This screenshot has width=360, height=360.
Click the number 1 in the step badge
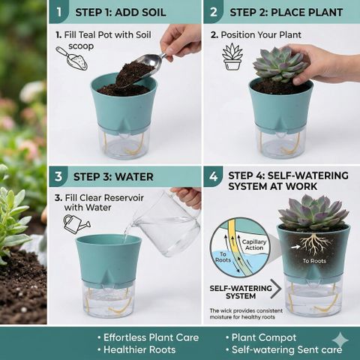click(x=59, y=12)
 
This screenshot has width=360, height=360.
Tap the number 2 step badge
click(x=213, y=12)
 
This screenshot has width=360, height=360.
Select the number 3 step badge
click(x=58, y=176)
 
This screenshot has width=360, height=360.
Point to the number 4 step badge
click(x=213, y=176)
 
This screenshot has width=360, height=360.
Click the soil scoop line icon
click(x=71, y=58)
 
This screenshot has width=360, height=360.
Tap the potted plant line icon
click(x=232, y=57)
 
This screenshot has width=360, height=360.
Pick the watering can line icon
click(x=76, y=224)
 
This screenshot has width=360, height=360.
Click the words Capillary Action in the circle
click(x=254, y=244)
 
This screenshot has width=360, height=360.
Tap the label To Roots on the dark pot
click(x=314, y=261)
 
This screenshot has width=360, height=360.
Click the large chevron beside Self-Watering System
click(x=276, y=289)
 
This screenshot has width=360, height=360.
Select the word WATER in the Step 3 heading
click(x=134, y=177)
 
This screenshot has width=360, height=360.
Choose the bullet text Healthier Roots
click(x=139, y=349)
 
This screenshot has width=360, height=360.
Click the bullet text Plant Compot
click(x=264, y=337)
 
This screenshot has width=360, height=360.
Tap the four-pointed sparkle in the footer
click(x=340, y=340)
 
